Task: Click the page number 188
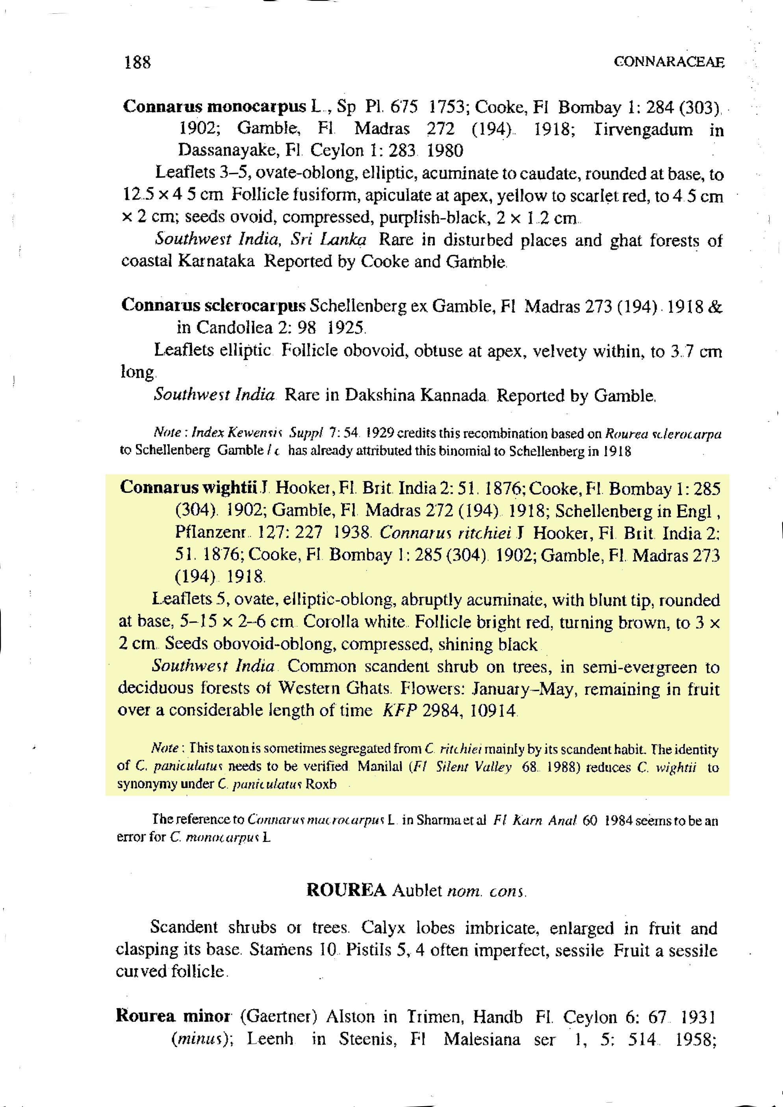137,62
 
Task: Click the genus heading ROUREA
346,890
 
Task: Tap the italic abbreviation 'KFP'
399,711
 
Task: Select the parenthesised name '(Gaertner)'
278,1016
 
